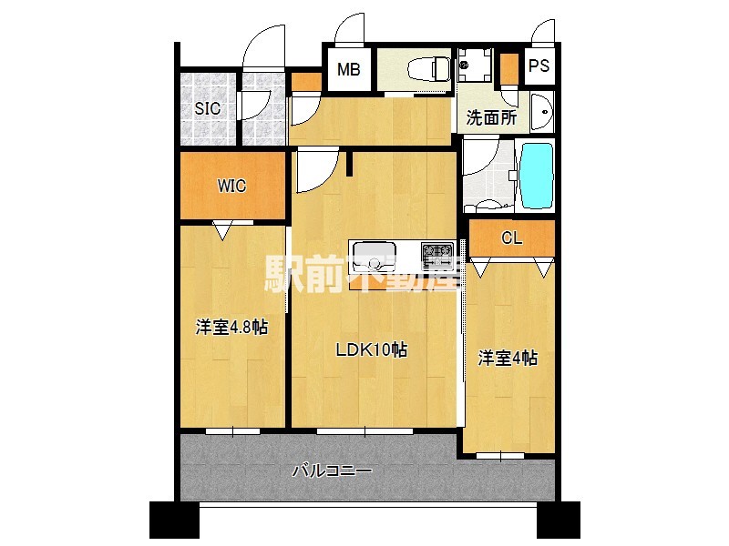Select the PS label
tap(539, 66)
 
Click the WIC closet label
tap(231, 186)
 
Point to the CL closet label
tap(511, 238)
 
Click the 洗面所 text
tap(491, 117)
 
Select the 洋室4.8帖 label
tap(231, 327)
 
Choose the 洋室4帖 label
tap(508, 358)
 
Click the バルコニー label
tap(332, 471)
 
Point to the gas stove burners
tap(436, 252)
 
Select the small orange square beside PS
tap(508, 67)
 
